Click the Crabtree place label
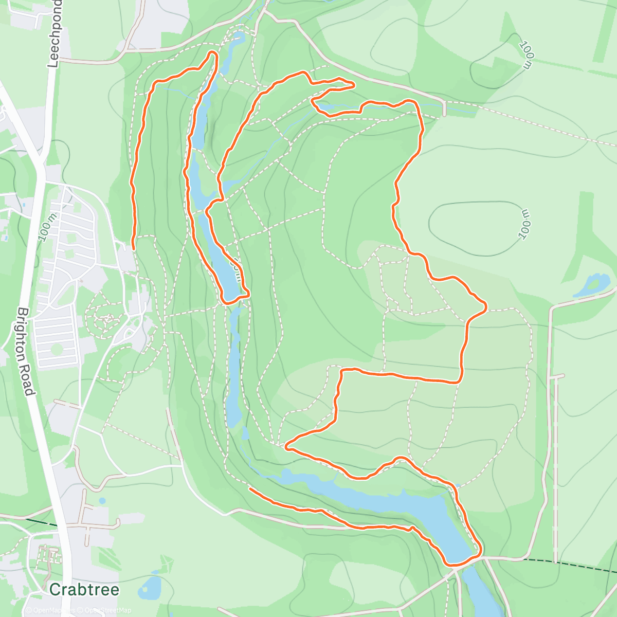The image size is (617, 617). click(x=84, y=589)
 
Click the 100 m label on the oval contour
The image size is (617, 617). click(x=524, y=224)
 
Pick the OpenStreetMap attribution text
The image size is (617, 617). click(x=105, y=610)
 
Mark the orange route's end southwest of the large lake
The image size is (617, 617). click(x=250, y=488)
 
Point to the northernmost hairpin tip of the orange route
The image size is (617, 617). click(x=213, y=53)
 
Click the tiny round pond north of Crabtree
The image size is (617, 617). click(x=102, y=500)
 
